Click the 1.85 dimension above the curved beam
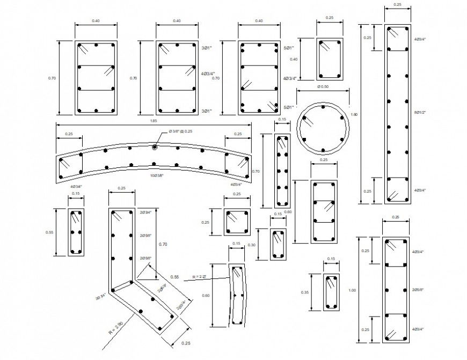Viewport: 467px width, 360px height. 154,121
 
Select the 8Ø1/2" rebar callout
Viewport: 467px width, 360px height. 420,112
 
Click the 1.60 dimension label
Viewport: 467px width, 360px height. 353,114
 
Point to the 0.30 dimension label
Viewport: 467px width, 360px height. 252,245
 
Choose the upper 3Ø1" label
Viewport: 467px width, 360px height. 207,48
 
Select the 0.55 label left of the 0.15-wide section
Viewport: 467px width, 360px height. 50,232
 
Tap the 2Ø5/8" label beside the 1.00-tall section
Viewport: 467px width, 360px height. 419,290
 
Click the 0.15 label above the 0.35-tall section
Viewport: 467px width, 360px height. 331,260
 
